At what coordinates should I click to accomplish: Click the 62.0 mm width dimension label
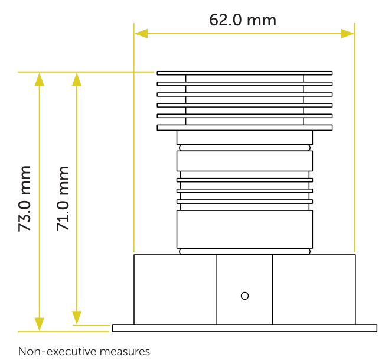(x=243, y=20)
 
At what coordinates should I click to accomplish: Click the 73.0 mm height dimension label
(x=25, y=199)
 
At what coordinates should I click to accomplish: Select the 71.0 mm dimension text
(x=63, y=199)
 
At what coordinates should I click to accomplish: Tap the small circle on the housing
(x=244, y=296)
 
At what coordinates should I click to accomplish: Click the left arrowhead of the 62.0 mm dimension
(x=141, y=34)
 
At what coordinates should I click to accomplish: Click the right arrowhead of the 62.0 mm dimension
(x=347, y=34)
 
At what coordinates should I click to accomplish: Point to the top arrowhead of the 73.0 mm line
(x=40, y=79)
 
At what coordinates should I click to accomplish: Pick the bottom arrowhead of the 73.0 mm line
(x=40, y=325)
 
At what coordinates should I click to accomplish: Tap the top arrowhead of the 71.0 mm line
(x=77, y=79)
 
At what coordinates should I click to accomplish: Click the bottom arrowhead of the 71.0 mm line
(x=77, y=317)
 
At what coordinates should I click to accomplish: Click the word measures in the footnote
(x=125, y=352)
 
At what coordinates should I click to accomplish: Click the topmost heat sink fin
(x=244, y=73)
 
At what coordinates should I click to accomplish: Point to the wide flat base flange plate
(x=244, y=328)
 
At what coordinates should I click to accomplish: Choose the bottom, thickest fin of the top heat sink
(x=244, y=128)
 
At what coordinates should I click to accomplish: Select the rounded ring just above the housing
(x=244, y=251)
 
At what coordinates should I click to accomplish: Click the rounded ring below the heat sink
(x=244, y=148)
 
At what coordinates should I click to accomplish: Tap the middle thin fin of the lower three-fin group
(x=244, y=191)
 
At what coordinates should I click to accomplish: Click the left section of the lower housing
(x=175, y=290)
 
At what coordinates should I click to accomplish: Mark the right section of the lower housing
(x=314, y=290)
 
